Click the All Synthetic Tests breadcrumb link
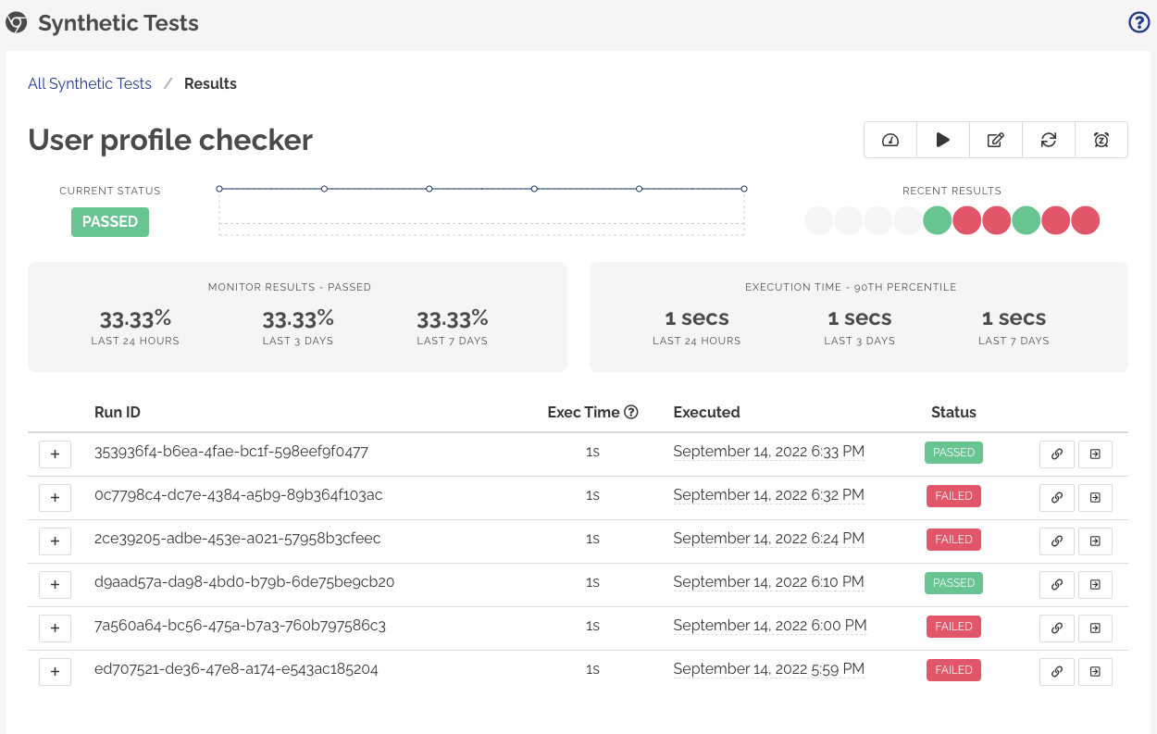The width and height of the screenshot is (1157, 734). click(x=90, y=83)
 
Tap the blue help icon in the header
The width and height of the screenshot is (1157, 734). click(x=1138, y=23)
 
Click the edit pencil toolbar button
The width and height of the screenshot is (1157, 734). click(x=996, y=140)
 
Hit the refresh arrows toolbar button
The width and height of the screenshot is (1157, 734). click(x=1049, y=140)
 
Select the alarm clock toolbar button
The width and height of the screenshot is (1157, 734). click(x=1101, y=140)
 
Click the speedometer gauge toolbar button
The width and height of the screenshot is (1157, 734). click(x=890, y=140)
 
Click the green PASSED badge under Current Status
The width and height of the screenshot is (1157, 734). click(x=110, y=222)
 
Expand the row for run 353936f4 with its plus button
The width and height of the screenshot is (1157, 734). click(x=55, y=454)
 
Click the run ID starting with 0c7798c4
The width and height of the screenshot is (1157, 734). click(x=238, y=495)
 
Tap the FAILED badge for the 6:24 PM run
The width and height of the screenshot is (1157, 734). click(x=953, y=540)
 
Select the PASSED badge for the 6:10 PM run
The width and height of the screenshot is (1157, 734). click(x=953, y=583)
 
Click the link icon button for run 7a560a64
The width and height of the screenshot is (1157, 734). click(x=1057, y=628)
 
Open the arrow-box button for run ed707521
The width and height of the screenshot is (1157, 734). click(x=1095, y=671)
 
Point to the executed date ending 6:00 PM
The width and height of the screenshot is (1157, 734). click(x=769, y=626)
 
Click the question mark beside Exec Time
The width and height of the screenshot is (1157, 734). click(x=631, y=413)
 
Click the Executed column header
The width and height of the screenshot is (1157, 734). click(x=706, y=413)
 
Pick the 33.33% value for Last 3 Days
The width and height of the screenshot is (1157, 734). click(x=298, y=319)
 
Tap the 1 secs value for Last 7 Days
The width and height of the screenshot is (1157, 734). click(x=1014, y=318)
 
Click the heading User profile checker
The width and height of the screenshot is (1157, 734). click(x=170, y=140)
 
